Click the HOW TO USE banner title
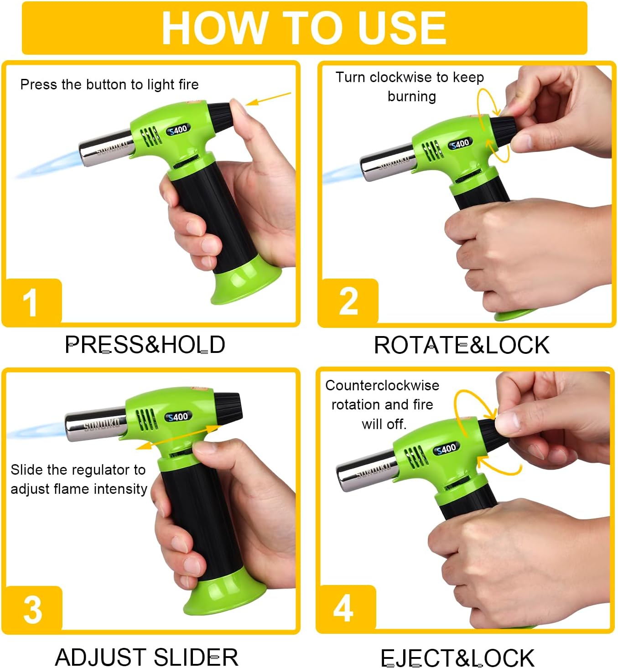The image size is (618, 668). pos(304,28)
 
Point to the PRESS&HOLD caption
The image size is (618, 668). pos(145,344)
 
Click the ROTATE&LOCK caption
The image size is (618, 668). pos(462,345)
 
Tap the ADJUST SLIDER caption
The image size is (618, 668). pos(147,657)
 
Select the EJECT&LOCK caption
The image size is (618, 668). pos(457,658)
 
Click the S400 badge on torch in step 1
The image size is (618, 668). pos(178,129)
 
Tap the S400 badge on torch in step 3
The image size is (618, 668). pos(178,417)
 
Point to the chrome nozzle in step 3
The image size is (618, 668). pos(96,424)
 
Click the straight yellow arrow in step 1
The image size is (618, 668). pos(268,99)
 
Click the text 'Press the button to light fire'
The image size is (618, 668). pos(109,84)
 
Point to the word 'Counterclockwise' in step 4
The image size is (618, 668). pos(382,385)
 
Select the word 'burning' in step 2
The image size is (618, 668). pos(412,97)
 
